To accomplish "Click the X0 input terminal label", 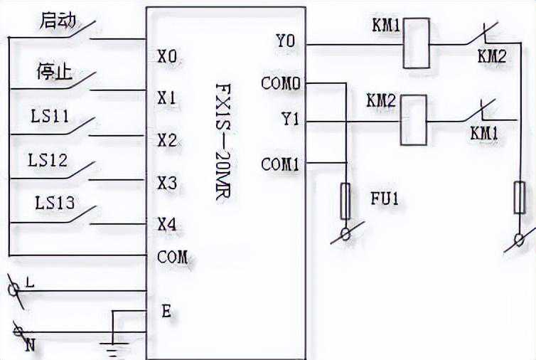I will [x=167, y=55].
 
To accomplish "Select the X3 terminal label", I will [x=167, y=183].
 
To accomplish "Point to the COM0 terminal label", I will [x=280, y=83].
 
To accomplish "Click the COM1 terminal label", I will [x=280, y=164].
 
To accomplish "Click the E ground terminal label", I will [x=166, y=311].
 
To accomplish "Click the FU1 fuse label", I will [x=385, y=198].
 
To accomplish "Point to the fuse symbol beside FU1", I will [x=346, y=201].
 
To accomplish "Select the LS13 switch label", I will [x=55, y=203].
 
